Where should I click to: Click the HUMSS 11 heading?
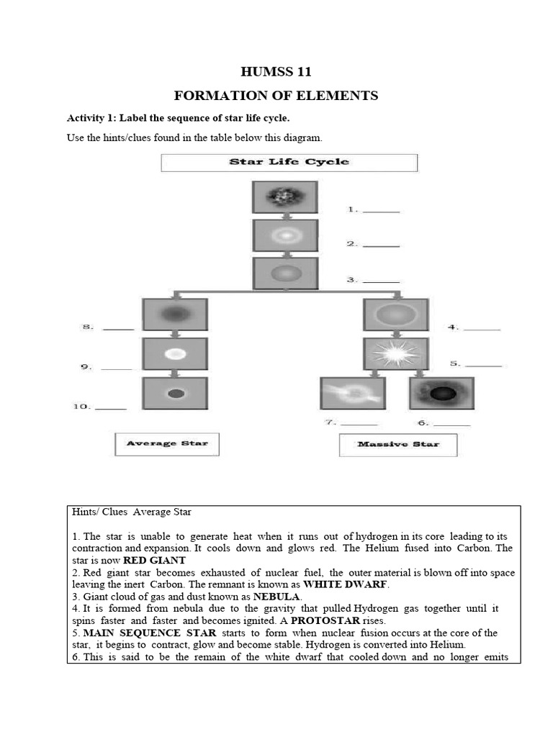(276, 72)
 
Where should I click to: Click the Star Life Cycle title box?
(289, 162)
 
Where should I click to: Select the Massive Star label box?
(398, 445)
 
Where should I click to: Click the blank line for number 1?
(381, 212)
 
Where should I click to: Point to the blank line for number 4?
(482, 329)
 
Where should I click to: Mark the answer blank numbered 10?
(110, 408)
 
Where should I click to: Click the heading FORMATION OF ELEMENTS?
(276, 96)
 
